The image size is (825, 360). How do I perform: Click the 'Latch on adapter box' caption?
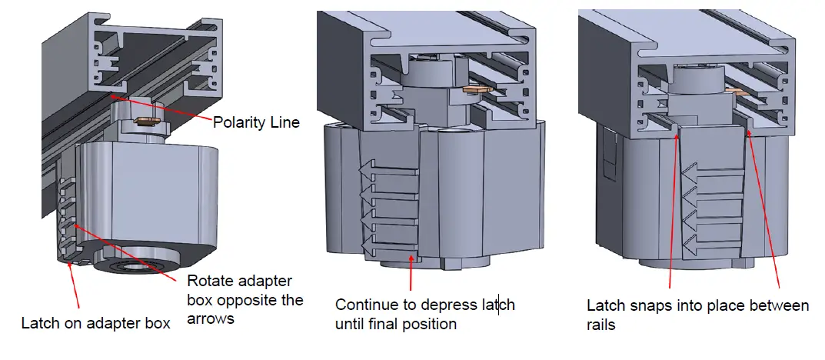click(x=95, y=322)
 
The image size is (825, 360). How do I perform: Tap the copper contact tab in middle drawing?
click(x=477, y=89)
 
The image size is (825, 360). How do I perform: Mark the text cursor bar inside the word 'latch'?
click(x=499, y=305)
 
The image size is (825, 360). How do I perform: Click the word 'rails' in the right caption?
click(x=601, y=325)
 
